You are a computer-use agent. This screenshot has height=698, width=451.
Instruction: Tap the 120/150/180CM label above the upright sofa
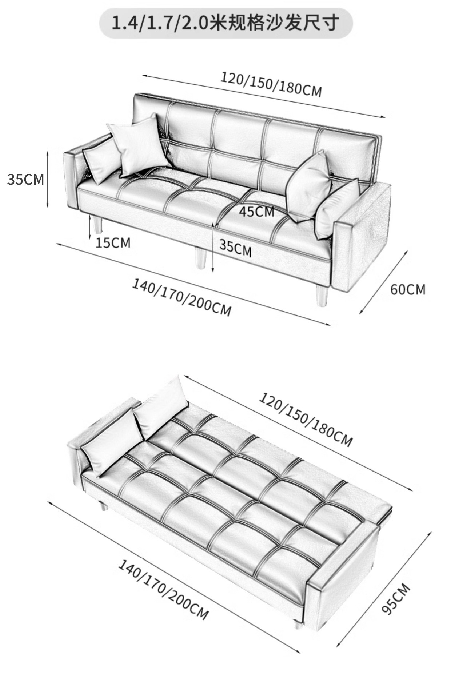(271, 84)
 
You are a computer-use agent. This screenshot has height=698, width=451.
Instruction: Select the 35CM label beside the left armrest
(25, 179)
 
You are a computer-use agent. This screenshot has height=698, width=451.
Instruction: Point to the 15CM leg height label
(113, 242)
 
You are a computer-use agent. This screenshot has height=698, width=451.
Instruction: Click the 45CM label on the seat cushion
(257, 212)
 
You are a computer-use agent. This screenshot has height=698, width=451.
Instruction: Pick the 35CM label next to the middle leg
(235, 248)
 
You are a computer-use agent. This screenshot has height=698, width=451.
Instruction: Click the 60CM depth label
(408, 289)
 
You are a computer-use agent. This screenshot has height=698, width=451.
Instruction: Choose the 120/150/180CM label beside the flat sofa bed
(306, 419)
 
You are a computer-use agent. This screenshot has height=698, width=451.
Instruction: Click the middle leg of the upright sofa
(200, 258)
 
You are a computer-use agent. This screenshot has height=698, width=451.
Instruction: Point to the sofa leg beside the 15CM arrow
(97, 225)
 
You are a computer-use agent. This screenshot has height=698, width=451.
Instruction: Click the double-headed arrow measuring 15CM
(90, 227)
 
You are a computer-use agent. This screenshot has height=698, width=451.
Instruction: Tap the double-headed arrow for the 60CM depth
(384, 282)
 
